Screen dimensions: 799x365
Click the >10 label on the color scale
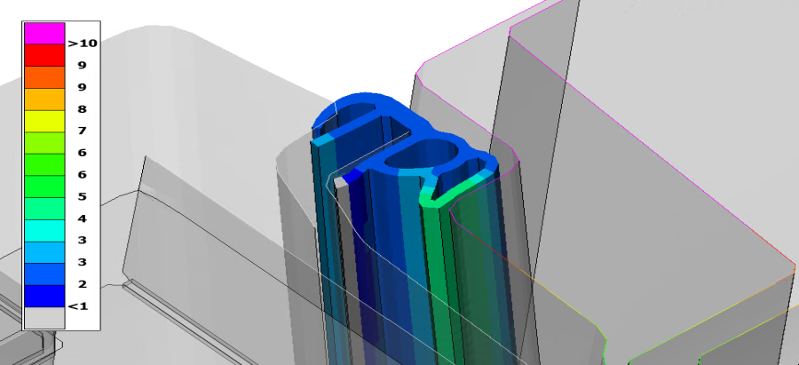(82, 44)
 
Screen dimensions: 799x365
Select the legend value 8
(82, 109)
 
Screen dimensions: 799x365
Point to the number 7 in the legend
(82, 131)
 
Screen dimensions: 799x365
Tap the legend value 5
(82, 197)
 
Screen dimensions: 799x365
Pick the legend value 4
(82, 218)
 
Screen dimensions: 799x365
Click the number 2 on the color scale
(82, 284)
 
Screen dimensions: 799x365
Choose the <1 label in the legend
(77, 305)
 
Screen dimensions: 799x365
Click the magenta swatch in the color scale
(44, 34)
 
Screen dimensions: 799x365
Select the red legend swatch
(44, 55)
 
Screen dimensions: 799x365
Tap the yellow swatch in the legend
(44, 121)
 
